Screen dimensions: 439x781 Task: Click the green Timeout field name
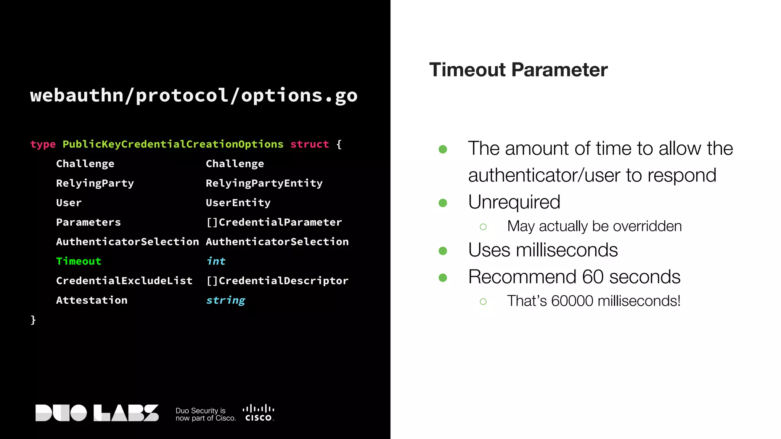pos(79,261)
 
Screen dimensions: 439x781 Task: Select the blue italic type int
pos(216,261)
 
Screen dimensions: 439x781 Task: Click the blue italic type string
pos(225,300)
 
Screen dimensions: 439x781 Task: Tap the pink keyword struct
pos(309,144)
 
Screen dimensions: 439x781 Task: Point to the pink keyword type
pos(43,144)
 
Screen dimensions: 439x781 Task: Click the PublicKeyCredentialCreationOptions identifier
pos(173,144)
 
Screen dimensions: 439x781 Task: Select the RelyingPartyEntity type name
pos(264,183)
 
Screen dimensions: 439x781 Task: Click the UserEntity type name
pos(238,203)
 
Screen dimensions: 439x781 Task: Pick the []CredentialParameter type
pos(273,222)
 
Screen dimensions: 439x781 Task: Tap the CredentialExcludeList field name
pos(124,281)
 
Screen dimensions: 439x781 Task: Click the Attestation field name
pos(92,300)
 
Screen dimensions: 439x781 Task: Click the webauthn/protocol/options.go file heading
pos(194,95)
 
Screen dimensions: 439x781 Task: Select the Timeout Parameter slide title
pos(518,70)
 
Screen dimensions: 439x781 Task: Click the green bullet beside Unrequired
pos(443,203)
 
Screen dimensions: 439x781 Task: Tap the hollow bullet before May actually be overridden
pos(483,227)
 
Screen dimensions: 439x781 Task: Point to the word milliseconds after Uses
pos(567,250)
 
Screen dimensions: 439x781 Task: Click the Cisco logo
pos(259,413)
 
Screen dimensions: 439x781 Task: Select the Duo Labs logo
pos(97,413)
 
